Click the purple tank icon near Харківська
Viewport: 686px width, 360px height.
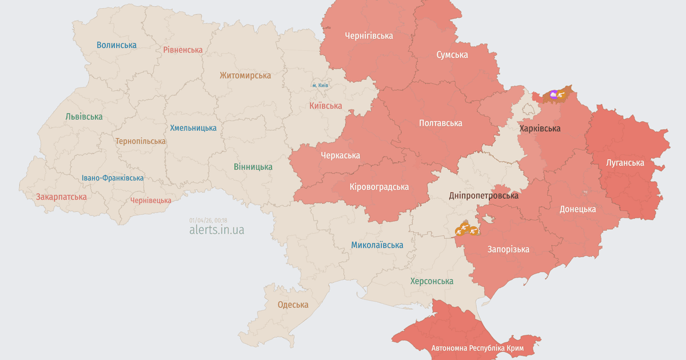tap(553, 94)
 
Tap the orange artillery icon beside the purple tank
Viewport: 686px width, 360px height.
tap(562, 95)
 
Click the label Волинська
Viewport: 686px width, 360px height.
tap(117, 45)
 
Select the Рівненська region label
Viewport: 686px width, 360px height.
tap(182, 50)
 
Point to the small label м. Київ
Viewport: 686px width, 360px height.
tap(320, 85)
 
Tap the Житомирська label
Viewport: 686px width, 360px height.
tap(245, 75)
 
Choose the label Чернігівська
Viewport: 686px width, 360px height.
tap(369, 36)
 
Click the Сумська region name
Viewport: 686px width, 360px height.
tap(452, 55)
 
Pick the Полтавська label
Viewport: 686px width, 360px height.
tap(440, 123)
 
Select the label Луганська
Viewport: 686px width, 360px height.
tap(625, 163)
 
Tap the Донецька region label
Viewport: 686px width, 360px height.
tap(577, 209)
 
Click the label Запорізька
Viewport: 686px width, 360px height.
tap(508, 249)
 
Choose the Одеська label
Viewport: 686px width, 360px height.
tap(293, 305)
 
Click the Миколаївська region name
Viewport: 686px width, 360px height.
tap(377, 245)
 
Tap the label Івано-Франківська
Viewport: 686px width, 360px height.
tap(113, 178)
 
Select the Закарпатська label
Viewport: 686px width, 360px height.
tap(61, 197)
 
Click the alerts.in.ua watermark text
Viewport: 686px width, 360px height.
tap(217, 230)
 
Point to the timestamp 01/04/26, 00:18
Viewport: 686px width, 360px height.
tap(208, 220)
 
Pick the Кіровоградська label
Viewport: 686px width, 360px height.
tap(379, 187)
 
